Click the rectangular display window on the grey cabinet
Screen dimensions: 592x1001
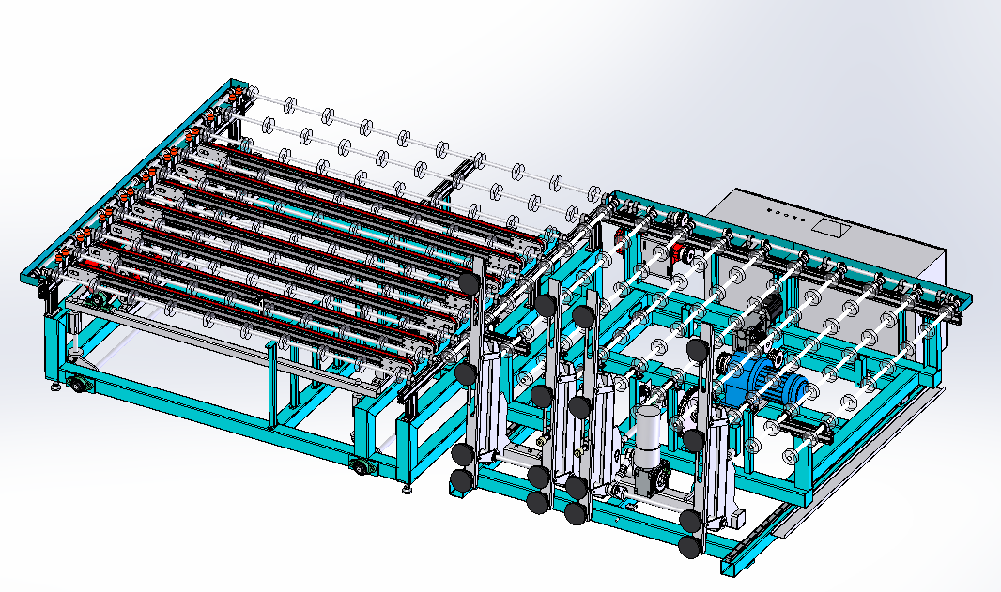829,226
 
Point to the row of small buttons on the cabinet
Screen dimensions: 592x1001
786,216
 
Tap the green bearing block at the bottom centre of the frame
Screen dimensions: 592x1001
361,466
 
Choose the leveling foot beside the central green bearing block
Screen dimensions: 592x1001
406,488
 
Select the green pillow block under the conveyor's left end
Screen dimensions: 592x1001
97,301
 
